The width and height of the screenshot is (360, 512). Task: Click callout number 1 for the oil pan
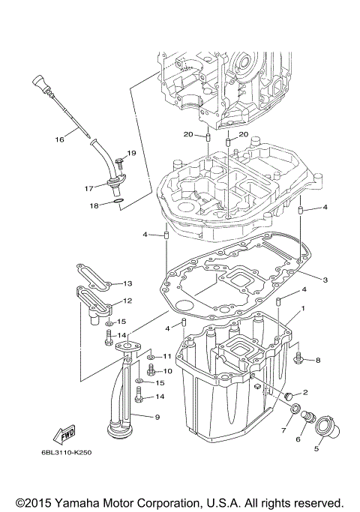pyautogui.click(x=303, y=308)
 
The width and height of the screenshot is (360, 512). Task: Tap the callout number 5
pyautogui.click(x=316, y=449)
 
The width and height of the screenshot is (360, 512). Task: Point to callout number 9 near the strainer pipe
pyautogui.click(x=157, y=417)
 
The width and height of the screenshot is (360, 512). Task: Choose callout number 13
pyautogui.click(x=127, y=283)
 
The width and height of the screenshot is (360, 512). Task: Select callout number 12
pyautogui.click(x=127, y=301)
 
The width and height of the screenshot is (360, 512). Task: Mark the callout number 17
pyautogui.click(x=88, y=188)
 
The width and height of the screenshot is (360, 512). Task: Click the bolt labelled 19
pyautogui.click(x=119, y=162)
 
